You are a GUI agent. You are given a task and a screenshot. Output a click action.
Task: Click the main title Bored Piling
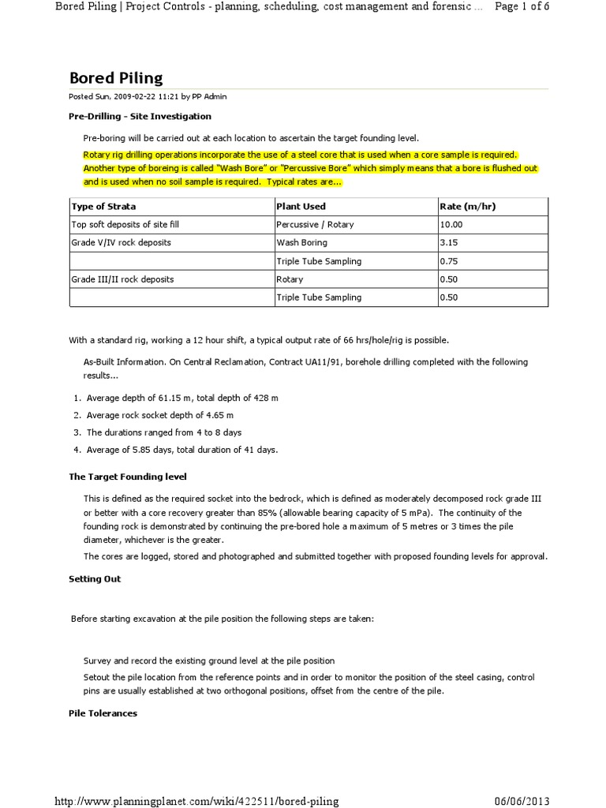pyautogui.click(x=116, y=77)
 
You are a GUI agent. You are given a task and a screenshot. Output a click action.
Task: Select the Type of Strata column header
pyautogui.click(x=103, y=207)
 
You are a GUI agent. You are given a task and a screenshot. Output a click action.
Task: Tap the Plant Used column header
pyautogui.click(x=301, y=207)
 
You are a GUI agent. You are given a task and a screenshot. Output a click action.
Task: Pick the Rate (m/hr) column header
pyautogui.click(x=467, y=207)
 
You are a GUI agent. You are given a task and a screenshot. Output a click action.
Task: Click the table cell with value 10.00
pyautogui.click(x=452, y=225)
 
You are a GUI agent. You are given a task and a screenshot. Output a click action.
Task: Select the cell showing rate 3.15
pyautogui.click(x=449, y=243)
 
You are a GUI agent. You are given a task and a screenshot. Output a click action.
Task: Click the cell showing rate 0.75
pyautogui.click(x=449, y=261)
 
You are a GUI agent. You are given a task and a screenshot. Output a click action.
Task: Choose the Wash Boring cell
pyautogui.click(x=301, y=243)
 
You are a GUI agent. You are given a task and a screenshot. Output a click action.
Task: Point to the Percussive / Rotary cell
pyautogui.click(x=315, y=225)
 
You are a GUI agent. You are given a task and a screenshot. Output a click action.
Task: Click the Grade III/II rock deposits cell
pyautogui.click(x=122, y=279)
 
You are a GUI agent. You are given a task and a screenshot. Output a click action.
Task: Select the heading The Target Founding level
pyautogui.click(x=128, y=477)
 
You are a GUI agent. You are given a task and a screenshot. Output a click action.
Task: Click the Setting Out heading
pyautogui.click(x=95, y=578)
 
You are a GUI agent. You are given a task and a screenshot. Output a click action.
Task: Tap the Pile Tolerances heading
pyautogui.click(x=103, y=713)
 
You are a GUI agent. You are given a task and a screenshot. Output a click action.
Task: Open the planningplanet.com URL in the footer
pyautogui.click(x=196, y=801)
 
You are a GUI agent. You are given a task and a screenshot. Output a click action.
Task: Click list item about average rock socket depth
pyautogui.click(x=159, y=414)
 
